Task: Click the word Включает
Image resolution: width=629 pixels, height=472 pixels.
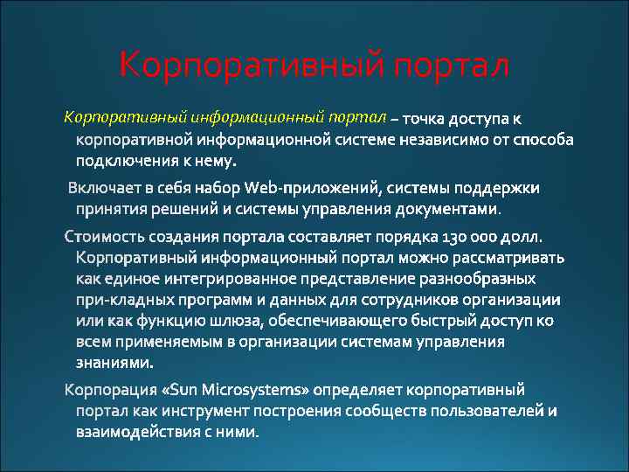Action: pos(106,187)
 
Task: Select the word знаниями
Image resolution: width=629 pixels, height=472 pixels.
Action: pos(114,363)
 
